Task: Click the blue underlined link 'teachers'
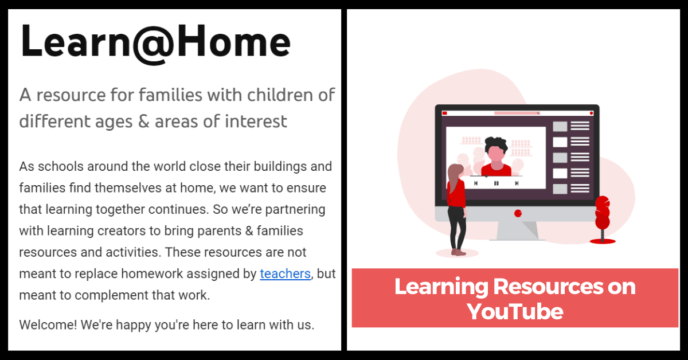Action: (x=285, y=273)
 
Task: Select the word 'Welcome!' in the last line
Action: (x=48, y=324)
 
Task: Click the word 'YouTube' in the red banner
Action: (x=514, y=311)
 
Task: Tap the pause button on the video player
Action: (x=496, y=183)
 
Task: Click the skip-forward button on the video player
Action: (x=517, y=183)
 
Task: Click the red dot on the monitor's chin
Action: (x=518, y=213)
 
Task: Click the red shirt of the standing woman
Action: (x=457, y=194)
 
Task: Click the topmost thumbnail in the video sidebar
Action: (x=560, y=126)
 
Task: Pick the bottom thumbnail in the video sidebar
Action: (x=560, y=189)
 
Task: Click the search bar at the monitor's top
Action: (x=517, y=113)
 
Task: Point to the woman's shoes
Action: (x=458, y=252)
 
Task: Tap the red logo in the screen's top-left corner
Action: (x=444, y=113)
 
